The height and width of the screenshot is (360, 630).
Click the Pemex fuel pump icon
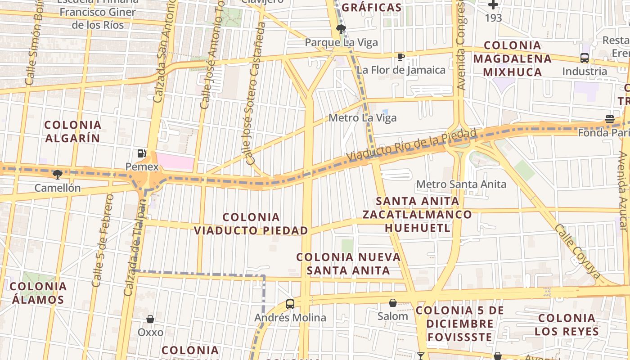click(x=141, y=153)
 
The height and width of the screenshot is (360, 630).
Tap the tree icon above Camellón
click(x=57, y=174)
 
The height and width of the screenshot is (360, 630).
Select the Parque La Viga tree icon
click(x=341, y=29)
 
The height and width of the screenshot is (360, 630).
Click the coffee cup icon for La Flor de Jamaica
click(x=400, y=57)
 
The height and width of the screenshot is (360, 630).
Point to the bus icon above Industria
click(x=584, y=58)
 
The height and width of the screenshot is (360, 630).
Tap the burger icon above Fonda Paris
click(x=609, y=119)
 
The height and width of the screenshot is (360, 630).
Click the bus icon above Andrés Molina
click(x=290, y=304)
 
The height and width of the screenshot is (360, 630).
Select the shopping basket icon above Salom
click(x=393, y=303)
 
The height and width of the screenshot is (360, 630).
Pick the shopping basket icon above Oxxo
click(x=150, y=319)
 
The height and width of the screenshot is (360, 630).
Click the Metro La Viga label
click(x=363, y=118)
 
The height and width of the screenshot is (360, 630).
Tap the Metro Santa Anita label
click(x=461, y=184)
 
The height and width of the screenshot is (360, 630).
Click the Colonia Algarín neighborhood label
click(x=72, y=131)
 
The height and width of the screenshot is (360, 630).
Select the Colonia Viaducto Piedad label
click(x=251, y=224)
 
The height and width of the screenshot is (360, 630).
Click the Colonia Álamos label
click(x=38, y=292)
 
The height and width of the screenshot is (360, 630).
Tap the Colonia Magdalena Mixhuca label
click(x=512, y=58)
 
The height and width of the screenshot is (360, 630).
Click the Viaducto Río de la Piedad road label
click(x=411, y=145)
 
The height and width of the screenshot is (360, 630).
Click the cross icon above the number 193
click(x=493, y=5)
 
